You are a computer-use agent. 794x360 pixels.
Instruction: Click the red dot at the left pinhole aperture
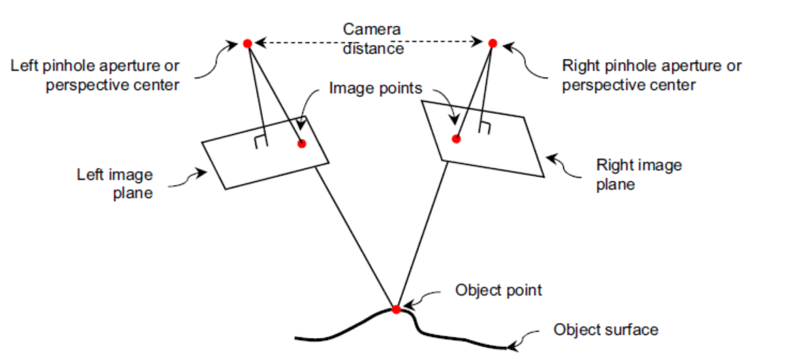coord(247,43)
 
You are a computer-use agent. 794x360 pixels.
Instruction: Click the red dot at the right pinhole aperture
coord(492,43)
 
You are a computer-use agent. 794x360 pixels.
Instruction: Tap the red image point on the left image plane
coord(301,143)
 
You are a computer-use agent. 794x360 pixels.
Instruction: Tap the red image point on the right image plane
coord(456,139)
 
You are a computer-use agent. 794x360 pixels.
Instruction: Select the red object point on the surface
coord(396,309)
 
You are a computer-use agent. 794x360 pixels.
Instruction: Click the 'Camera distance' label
coord(372,38)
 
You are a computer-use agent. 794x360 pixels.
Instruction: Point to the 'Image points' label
coord(376,89)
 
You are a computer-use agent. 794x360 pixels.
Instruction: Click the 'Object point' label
coord(498,290)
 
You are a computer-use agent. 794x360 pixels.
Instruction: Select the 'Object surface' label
coord(606,329)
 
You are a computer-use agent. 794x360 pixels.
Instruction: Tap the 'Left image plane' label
coord(115,183)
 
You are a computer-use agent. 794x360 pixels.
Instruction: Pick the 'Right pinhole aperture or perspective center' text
coord(651,75)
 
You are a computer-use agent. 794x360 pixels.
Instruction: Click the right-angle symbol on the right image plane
coord(485,128)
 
